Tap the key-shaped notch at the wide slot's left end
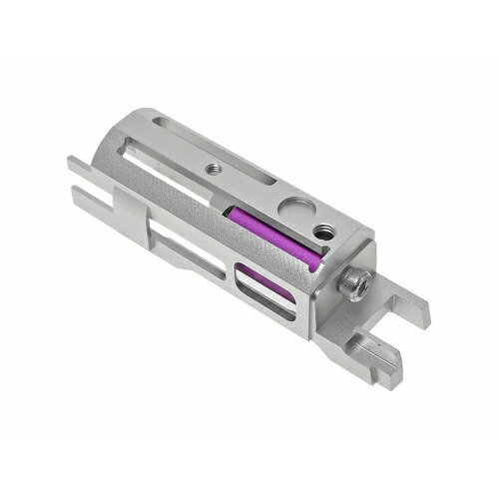[150, 165]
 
